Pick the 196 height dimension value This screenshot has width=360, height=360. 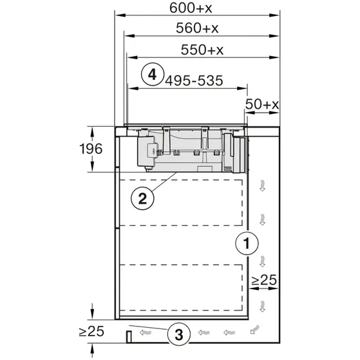pyautogui.click(x=95, y=149)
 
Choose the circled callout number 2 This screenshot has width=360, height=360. pyautogui.click(x=144, y=198)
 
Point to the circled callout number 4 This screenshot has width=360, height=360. pyautogui.click(x=151, y=74)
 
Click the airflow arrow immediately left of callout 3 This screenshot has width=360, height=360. pyautogui.click(x=149, y=334)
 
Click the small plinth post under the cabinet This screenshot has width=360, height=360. pyautogui.click(x=129, y=336)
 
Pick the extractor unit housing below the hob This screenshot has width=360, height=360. pyautogui.click(x=191, y=150)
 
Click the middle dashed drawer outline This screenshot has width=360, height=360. pyautogui.click(x=180, y=245)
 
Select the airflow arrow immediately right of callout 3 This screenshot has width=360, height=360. pyautogui.click(x=205, y=334)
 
